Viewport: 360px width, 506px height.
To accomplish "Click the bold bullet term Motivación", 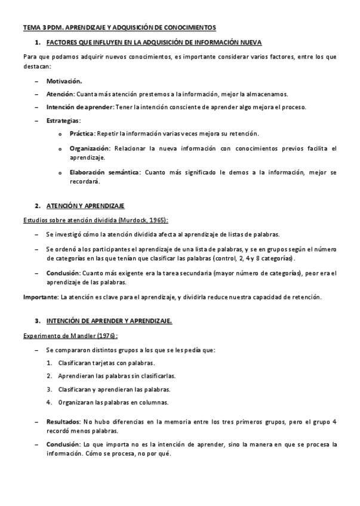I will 64,81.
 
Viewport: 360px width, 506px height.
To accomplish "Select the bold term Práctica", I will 81,134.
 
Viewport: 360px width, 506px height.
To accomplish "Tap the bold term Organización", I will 89,148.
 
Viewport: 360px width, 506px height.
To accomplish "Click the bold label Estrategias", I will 63,121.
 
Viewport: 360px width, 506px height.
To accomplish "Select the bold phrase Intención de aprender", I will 79,107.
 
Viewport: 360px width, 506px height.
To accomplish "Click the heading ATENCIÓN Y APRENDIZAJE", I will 85,206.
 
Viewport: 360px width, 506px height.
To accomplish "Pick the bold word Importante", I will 41,297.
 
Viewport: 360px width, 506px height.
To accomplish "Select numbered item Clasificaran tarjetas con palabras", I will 106,363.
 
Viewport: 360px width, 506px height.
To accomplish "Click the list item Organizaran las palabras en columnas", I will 113,402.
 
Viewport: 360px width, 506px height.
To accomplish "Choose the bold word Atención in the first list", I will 60,94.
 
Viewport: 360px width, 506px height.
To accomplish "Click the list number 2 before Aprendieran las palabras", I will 49,376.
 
